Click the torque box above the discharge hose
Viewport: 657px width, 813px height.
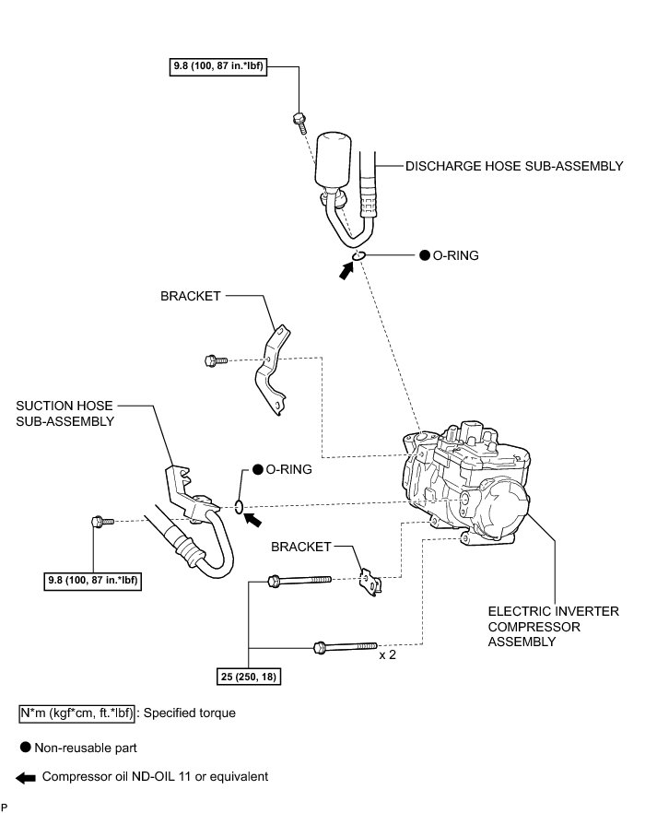[217, 66]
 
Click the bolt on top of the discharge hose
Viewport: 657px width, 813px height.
[299, 118]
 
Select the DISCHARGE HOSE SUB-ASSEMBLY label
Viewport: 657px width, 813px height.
[514, 167]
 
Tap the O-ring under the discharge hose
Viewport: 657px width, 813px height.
[358, 255]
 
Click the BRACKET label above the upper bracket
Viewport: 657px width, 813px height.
[191, 296]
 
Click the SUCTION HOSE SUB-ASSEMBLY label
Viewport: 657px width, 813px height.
[65, 413]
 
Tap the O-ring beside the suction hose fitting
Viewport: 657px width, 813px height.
[240, 505]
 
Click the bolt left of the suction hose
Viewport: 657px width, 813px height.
[100, 523]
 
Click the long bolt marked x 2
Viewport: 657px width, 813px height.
[346, 645]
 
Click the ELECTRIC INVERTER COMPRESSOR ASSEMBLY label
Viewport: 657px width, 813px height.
[540, 626]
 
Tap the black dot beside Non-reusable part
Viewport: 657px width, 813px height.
[27, 748]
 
